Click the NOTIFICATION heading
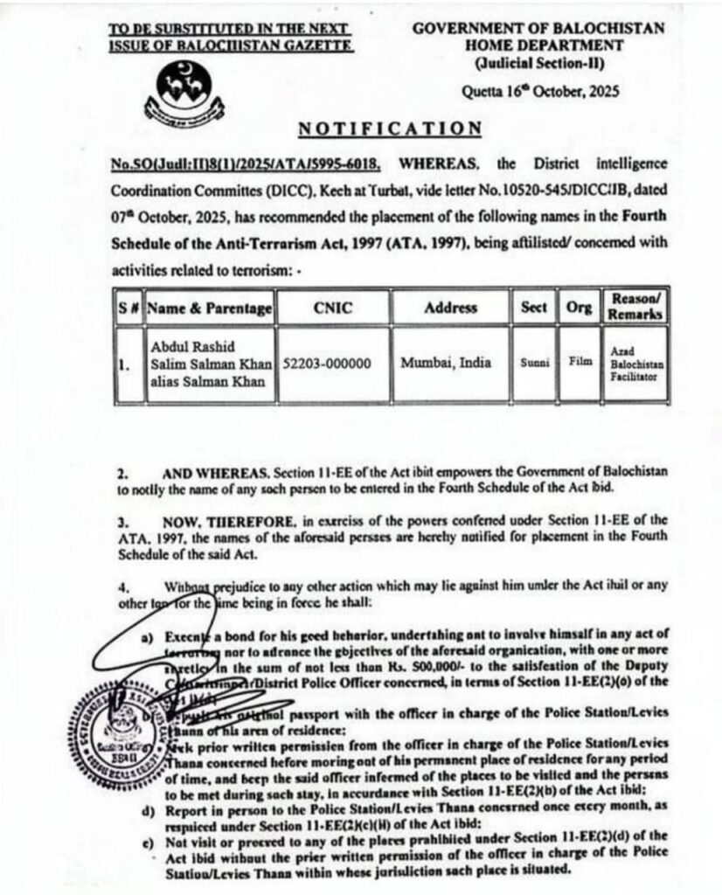pos(390,129)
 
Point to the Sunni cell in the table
pos(533,363)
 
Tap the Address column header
pos(450,308)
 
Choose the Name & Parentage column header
pos(209,309)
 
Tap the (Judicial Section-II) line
pos(538,63)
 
